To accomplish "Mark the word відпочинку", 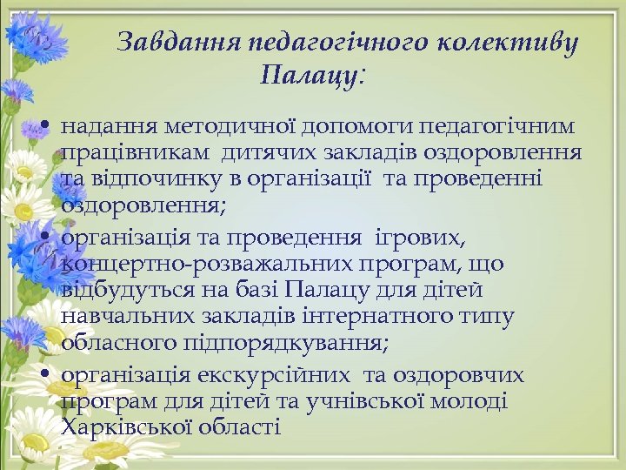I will (150, 178).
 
